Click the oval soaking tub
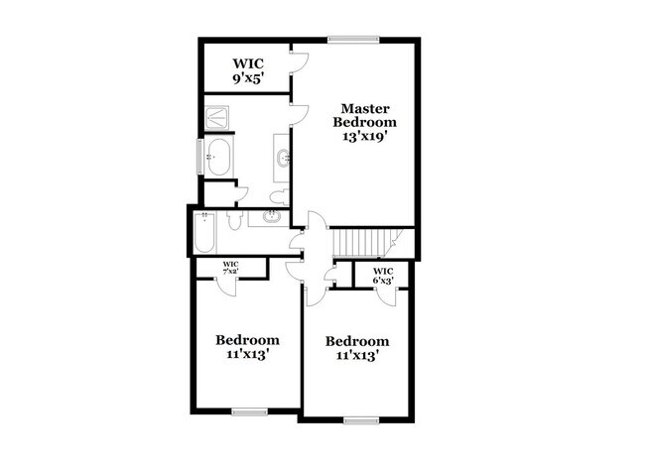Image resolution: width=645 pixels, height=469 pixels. [219, 157]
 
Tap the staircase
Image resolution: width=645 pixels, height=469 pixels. [361, 240]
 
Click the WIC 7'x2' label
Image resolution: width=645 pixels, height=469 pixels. [229, 266]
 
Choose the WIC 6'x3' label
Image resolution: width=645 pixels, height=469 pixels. [383, 276]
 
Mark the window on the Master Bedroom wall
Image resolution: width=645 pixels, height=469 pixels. [353, 40]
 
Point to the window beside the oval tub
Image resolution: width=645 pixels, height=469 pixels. [200, 156]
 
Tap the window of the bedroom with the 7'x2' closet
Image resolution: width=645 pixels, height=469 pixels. [248, 410]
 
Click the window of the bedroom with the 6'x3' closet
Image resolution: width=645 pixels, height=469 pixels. [359, 419]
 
